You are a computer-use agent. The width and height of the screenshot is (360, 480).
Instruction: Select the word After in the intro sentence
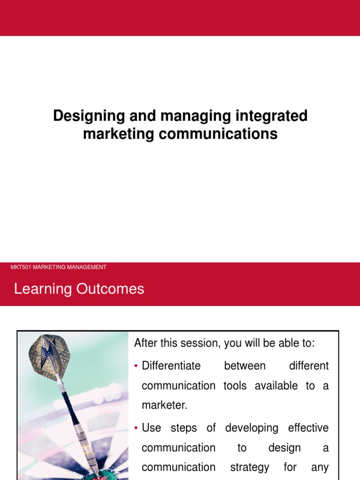pyautogui.click(x=145, y=343)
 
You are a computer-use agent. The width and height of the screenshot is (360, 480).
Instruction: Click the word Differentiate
pyautogui.click(x=171, y=366)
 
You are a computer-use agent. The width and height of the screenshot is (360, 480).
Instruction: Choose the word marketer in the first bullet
pyautogui.click(x=164, y=405)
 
